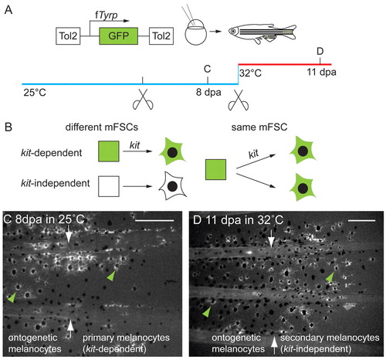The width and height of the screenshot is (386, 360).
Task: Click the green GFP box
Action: point(118,36)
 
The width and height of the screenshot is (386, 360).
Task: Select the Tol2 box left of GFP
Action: point(68,36)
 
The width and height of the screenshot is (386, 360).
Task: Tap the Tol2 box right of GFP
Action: point(161,36)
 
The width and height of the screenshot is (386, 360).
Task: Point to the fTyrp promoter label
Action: point(106,15)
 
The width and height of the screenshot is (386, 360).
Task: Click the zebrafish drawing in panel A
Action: point(262,33)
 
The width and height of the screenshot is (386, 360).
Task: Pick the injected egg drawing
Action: point(195,32)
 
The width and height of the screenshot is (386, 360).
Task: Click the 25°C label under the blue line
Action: point(35,93)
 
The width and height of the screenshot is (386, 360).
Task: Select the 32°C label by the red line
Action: point(250,73)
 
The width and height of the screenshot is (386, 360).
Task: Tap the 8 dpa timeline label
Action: point(208,92)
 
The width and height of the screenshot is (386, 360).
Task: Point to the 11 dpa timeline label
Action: point(321,72)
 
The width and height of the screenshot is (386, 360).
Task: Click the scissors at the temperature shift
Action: point(239,100)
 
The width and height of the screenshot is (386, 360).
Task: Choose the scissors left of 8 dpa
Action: point(143,100)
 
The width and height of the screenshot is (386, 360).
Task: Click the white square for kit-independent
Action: point(109,186)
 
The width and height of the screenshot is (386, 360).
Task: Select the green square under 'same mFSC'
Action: point(215,169)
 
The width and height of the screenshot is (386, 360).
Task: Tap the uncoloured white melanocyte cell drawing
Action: point(172,186)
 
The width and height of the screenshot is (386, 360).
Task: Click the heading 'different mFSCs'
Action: point(102,127)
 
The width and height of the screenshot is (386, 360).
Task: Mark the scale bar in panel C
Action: point(154,220)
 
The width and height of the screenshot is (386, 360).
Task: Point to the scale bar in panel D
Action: point(361,220)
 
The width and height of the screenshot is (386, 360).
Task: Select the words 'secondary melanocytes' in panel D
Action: point(330,338)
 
